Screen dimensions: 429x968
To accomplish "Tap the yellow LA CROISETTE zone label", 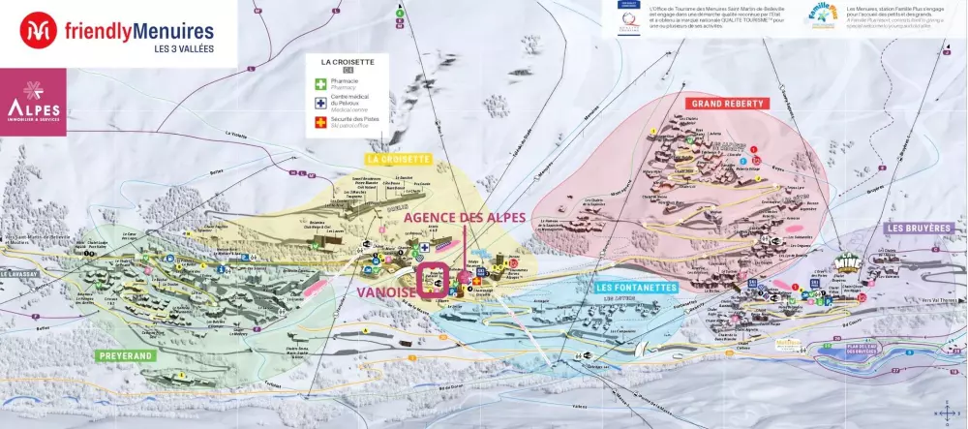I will click(398, 158).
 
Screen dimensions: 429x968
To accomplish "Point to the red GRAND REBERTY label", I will click(726, 103).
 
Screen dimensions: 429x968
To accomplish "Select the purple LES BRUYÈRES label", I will click(922, 229).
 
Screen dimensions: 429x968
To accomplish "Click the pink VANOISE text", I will click(384, 291).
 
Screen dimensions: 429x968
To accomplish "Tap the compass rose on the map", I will click(947, 411).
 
